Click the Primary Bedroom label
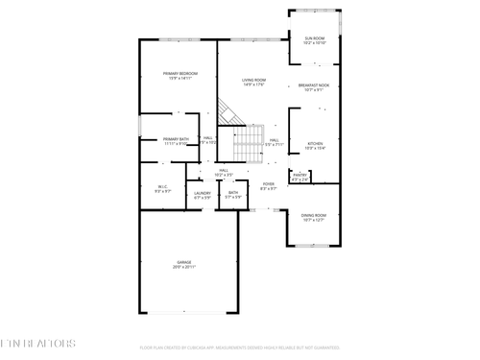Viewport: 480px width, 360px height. point(180,74)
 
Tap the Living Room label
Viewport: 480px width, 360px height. point(253,80)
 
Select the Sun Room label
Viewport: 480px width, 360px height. point(314,38)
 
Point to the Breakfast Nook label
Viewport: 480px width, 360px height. point(314,85)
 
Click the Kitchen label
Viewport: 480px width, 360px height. point(315,143)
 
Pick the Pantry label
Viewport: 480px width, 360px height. point(300,174)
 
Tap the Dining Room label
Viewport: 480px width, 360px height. point(314,215)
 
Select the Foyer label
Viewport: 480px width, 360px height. point(269,183)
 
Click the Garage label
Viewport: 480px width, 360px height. point(183,262)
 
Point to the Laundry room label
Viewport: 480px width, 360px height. point(203,193)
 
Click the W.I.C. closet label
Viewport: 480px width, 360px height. point(163,187)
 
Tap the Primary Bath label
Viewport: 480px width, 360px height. point(176,139)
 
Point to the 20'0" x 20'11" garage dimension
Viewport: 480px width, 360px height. point(183,266)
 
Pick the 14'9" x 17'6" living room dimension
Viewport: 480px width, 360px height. point(253,85)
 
